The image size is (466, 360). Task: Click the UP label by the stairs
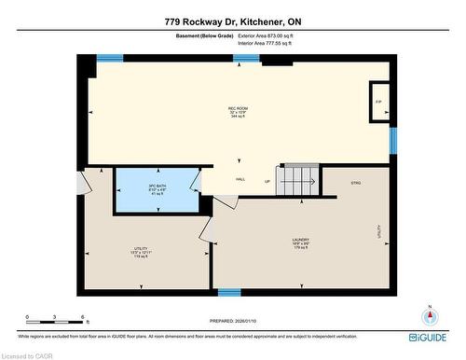pyautogui.click(x=267, y=181)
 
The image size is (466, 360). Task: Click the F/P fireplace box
pyautogui.click(x=379, y=102)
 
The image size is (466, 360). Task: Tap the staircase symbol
pyautogui.click(x=295, y=179)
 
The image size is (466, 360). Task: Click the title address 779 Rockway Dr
pyautogui.click(x=232, y=20)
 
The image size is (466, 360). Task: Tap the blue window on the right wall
pyautogui.click(x=393, y=141)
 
